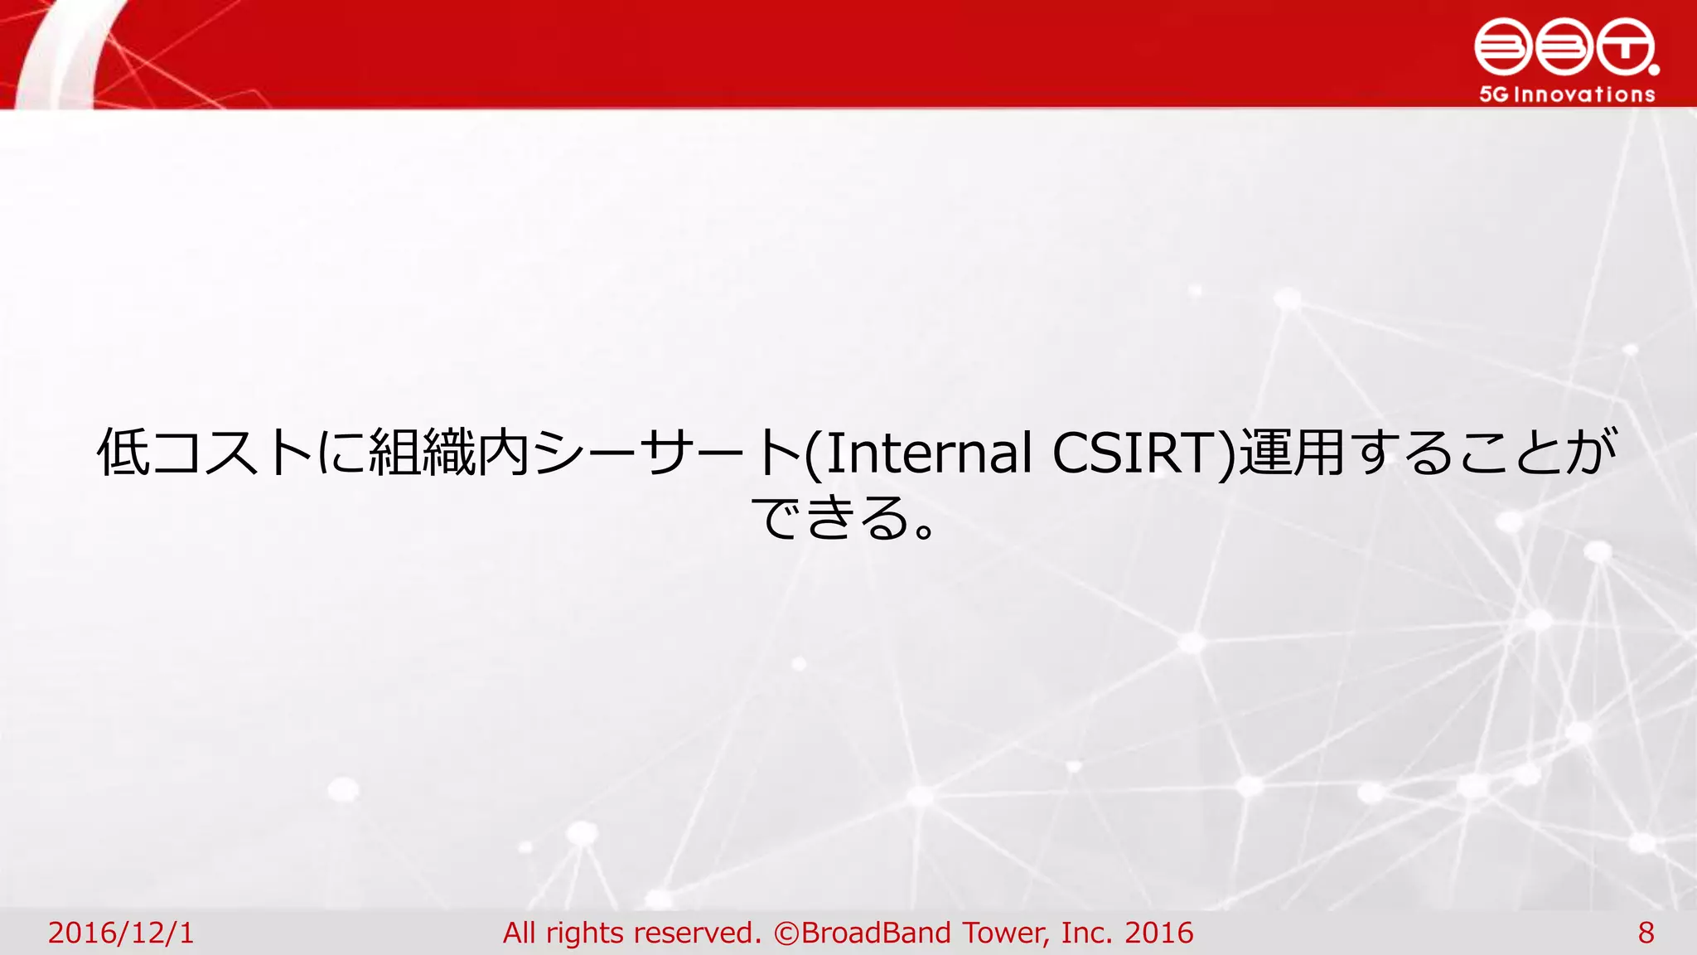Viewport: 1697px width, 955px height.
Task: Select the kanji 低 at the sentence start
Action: [x=123, y=453]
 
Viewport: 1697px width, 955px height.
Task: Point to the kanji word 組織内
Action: [x=447, y=453]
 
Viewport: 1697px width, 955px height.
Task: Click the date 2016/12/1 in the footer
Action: [x=121, y=933]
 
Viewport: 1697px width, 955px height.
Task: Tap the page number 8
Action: [x=1646, y=933]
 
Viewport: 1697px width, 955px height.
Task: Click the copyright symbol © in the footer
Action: [x=786, y=933]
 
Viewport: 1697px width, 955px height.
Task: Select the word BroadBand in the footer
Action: [x=877, y=933]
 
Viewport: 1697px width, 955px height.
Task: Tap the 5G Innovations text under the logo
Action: [x=1567, y=95]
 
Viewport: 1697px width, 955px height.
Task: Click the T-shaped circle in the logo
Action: [x=1625, y=47]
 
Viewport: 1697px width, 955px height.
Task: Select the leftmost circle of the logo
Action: [x=1503, y=47]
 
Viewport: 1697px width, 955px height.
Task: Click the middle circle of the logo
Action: [x=1564, y=47]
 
